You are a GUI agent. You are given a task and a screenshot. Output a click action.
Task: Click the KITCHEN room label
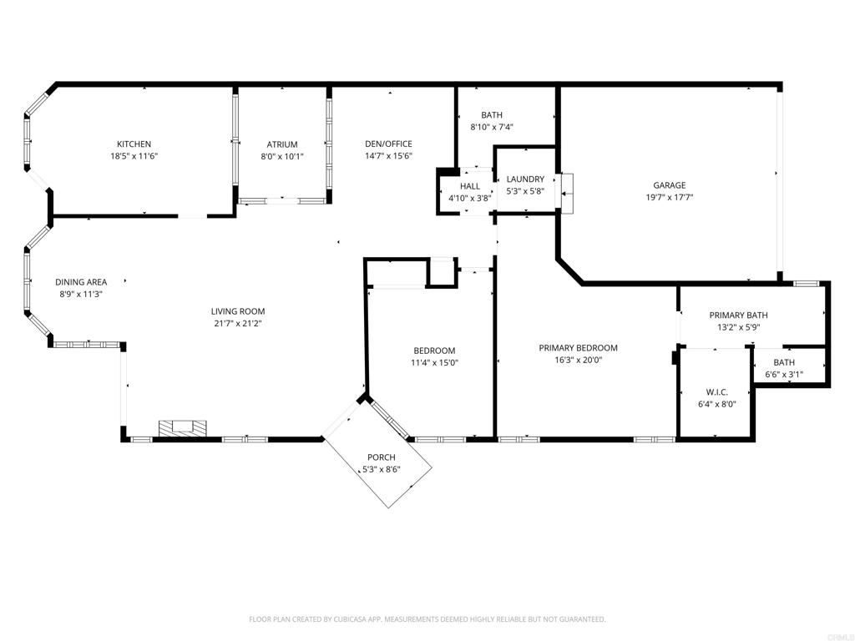(134, 144)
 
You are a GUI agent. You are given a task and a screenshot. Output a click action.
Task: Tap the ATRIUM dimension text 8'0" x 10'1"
(282, 156)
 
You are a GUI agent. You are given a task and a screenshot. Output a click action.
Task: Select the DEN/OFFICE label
(388, 144)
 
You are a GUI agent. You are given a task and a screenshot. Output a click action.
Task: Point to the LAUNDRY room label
(525, 179)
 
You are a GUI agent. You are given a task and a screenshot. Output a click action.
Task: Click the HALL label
(470, 186)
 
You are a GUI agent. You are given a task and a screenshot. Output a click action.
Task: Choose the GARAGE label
(670, 185)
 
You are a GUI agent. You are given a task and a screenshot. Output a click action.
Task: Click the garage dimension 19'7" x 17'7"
(670, 198)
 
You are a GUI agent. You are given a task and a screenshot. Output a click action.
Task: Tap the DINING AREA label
(81, 282)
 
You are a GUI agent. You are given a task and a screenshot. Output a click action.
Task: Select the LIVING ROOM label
(238, 311)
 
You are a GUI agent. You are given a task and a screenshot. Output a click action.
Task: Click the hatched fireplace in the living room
(183, 428)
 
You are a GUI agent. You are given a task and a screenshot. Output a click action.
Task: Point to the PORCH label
(382, 457)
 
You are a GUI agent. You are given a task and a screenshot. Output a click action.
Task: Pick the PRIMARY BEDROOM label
(578, 348)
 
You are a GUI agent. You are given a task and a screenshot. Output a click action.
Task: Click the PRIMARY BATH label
(738, 315)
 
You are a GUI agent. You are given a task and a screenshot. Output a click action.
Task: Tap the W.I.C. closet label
(717, 392)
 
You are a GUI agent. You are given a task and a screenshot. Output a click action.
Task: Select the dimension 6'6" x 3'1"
(784, 375)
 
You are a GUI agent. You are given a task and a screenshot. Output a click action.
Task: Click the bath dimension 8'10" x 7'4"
(492, 127)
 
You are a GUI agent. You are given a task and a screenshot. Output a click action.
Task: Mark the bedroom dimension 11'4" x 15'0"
(434, 362)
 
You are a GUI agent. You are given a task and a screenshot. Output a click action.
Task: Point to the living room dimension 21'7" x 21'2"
(238, 324)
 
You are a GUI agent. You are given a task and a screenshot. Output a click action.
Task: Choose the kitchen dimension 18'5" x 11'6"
(134, 156)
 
